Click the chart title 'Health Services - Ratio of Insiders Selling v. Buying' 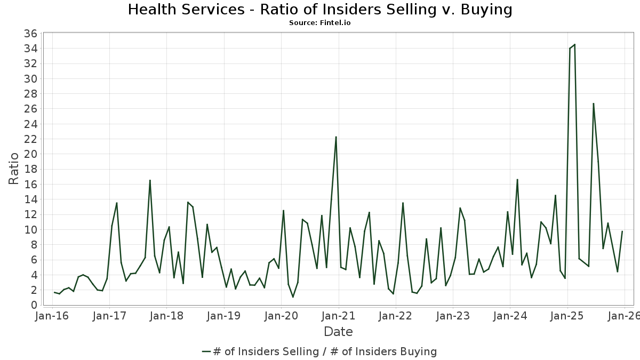click(320, 10)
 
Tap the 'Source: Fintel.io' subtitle click(320, 23)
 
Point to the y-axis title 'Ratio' click(14, 169)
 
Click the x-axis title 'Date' click(338, 332)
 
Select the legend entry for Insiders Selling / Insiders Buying click(320, 351)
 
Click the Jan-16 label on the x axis click(52, 316)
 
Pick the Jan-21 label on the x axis click(338, 316)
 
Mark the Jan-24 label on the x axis click(509, 316)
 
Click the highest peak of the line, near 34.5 click(574, 44)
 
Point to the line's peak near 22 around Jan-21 click(336, 137)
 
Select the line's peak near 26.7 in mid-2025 click(593, 103)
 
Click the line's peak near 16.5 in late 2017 click(150, 180)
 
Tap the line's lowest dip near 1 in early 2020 click(293, 297)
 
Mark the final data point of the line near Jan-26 click(622, 231)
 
